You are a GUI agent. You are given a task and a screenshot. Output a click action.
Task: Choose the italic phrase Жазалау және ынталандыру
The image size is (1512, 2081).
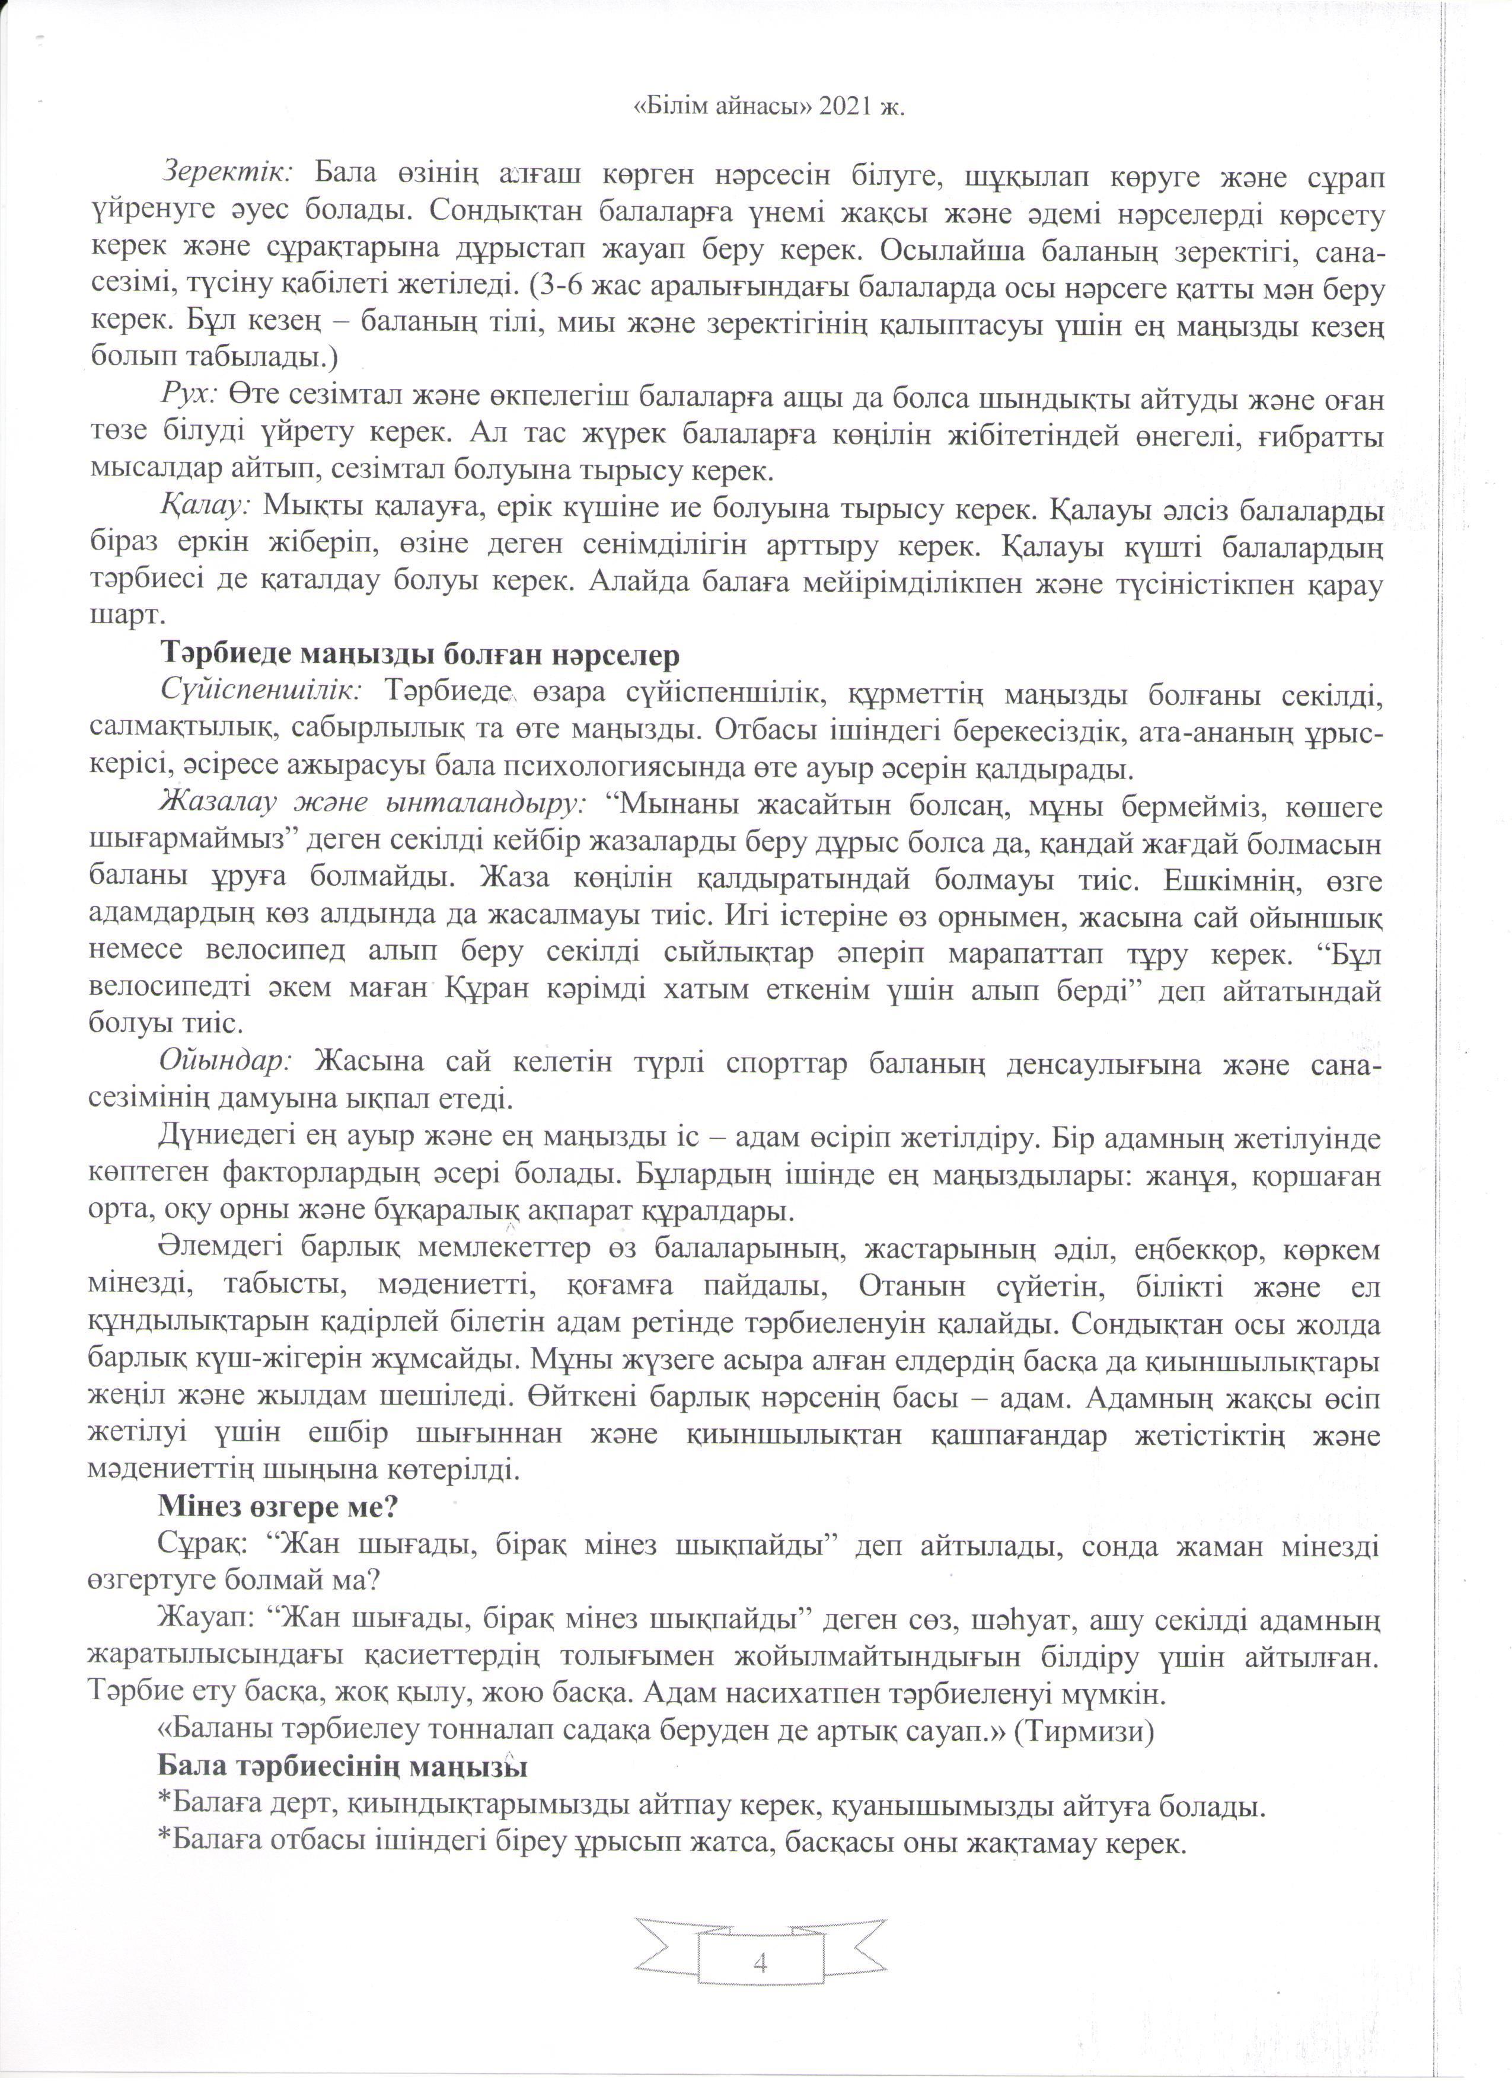click(x=372, y=805)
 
